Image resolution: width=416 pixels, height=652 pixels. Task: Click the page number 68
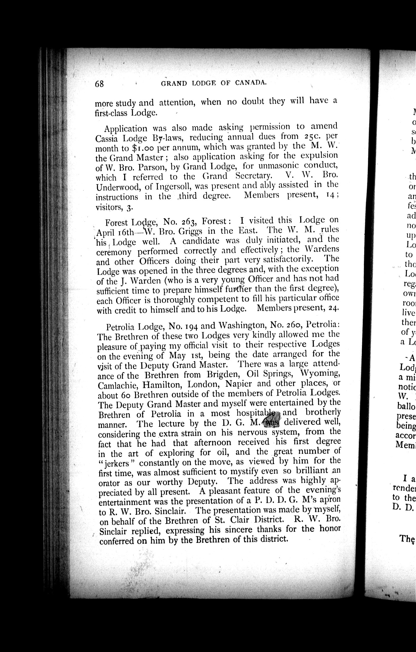(99, 84)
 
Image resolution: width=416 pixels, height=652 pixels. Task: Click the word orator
(108, 483)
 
